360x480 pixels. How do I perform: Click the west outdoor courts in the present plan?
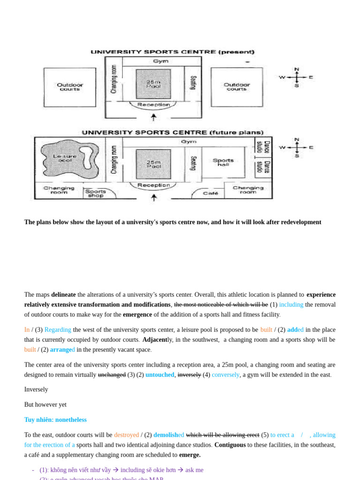point(70,87)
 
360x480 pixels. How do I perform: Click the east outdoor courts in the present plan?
point(237,87)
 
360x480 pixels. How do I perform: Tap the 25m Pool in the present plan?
point(153,84)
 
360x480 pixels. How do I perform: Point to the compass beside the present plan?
point(296,77)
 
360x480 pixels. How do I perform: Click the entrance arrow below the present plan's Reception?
point(154,117)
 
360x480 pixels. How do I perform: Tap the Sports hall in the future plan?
point(223,162)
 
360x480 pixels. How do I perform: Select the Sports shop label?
point(95,193)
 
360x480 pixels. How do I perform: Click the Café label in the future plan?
point(210,193)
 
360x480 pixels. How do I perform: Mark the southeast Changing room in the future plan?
point(248,190)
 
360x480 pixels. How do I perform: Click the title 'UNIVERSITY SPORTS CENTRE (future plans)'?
point(172,133)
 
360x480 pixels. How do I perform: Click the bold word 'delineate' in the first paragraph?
point(63,295)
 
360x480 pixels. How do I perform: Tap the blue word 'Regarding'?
point(58,330)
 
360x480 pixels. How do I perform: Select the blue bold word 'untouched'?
point(160,375)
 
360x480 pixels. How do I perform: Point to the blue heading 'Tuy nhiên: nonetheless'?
point(55,420)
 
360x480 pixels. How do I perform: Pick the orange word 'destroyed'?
point(126,435)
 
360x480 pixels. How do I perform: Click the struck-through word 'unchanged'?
point(112,375)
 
